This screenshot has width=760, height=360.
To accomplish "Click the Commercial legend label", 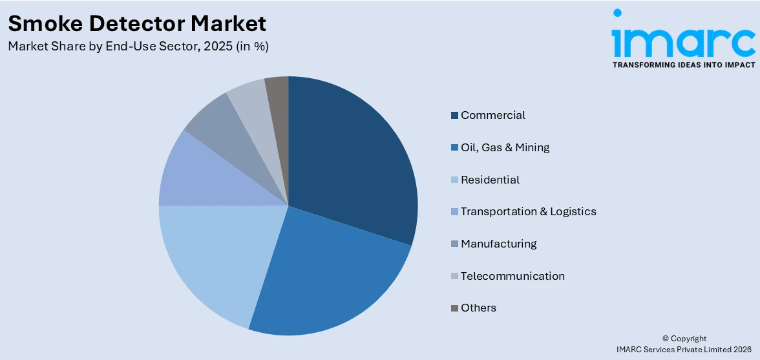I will (492, 115).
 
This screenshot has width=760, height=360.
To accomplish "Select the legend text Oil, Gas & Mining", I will (505, 147).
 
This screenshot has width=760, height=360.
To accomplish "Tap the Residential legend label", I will (490, 180).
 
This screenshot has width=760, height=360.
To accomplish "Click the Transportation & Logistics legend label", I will (528, 211).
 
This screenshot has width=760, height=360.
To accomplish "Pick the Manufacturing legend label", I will (498, 244).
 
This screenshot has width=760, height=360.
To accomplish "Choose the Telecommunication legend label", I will (512, 276).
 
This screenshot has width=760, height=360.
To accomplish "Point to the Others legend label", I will (478, 308).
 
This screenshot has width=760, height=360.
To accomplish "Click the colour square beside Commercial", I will (455, 116).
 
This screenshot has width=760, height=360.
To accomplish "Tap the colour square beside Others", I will (455, 308).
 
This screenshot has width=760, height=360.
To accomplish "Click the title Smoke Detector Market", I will (137, 24).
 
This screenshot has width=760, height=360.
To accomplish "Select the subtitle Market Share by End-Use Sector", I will (138, 47).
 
